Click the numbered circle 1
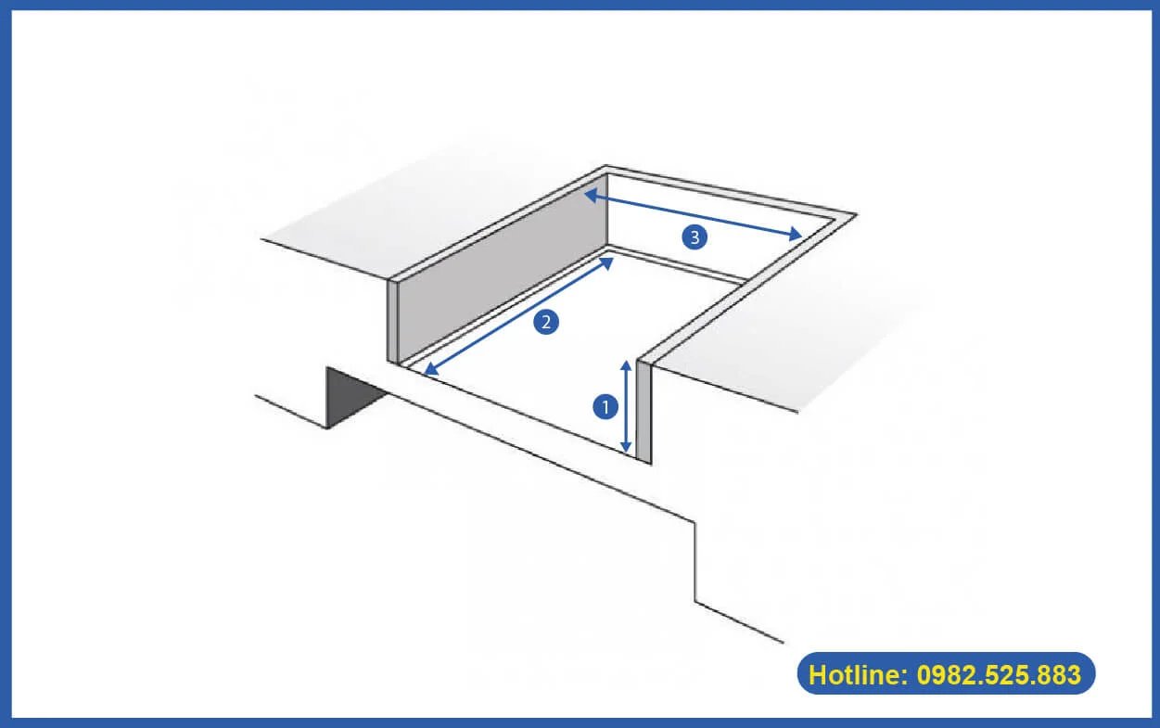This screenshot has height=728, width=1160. [x=605, y=406]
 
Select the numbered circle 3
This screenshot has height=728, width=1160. [x=695, y=238]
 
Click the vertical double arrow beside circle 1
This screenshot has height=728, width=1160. [x=627, y=406]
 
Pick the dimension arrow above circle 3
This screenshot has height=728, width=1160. [x=693, y=216]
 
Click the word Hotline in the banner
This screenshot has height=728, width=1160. [x=855, y=674]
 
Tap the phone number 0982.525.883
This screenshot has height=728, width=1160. [x=999, y=674]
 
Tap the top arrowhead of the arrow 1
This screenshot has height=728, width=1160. [x=627, y=364]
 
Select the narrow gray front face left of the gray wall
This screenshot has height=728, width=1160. [x=392, y=321]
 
